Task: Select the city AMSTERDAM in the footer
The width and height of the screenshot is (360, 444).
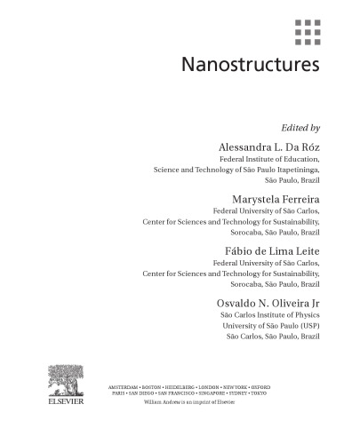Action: pyautogui.click(x=125, y=387)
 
